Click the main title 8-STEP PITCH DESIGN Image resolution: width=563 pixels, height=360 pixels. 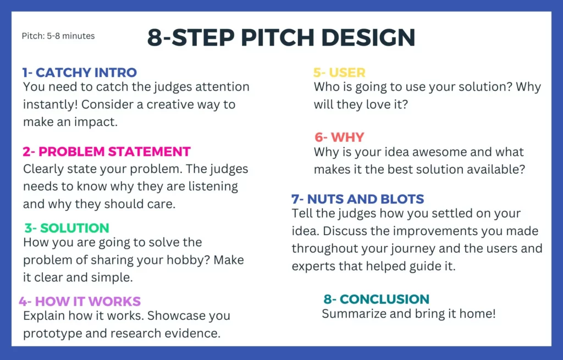(281, 37)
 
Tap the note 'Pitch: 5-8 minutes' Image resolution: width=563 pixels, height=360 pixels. (58, 36)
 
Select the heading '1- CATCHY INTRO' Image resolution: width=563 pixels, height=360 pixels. (80, 73)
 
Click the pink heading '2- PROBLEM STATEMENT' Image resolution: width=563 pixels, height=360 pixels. (106, 152)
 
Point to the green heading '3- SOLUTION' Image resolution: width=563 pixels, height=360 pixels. (67, 228)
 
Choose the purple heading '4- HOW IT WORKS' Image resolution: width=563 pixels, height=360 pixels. (80, 301)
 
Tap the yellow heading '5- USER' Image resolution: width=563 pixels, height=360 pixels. (339, 73)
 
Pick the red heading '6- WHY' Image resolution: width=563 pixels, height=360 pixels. (339, 137)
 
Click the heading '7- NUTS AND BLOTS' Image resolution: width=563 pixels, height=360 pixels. (357, 199)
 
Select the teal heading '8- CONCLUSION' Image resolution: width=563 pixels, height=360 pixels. (376, 299)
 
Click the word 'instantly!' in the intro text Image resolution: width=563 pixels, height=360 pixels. (50, 104)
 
